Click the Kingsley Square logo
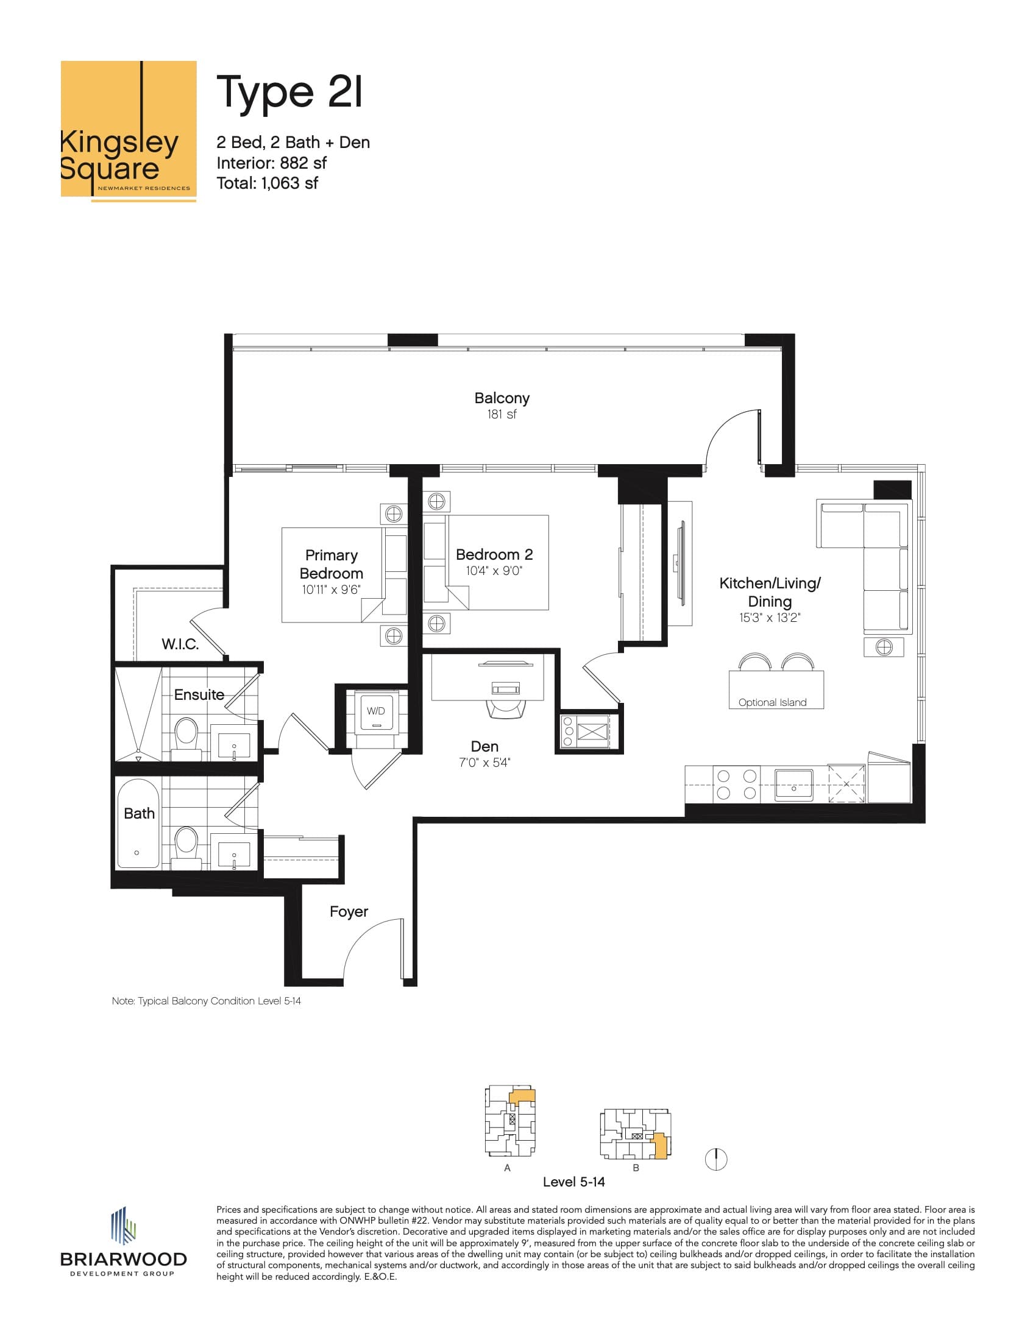click(128, 130)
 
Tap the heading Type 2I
click(289, 92)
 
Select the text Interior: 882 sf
click(271, 163)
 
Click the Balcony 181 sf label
click(502, 406)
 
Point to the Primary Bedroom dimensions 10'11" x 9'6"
click(331, 590)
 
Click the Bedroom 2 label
click(494, 555)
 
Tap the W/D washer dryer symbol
click(376, 711)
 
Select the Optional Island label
click(772, 702)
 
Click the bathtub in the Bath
click(138, 823)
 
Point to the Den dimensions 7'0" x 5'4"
click(484, 763)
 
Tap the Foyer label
click(349, 912)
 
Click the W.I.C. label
click(180, 644)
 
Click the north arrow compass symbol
click(716, 1159)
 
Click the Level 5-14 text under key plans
click(573, 1182)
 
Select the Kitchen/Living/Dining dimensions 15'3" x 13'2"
click(770, 618)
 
